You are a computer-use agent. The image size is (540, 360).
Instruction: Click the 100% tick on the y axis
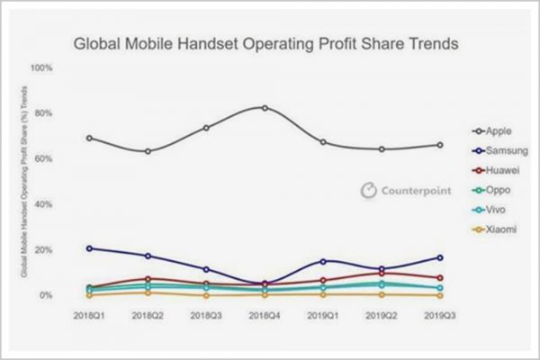click(42, 67)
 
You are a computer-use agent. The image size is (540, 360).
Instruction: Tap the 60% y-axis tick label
click(44, 158)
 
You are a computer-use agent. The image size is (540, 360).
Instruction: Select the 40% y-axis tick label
click(44, 204)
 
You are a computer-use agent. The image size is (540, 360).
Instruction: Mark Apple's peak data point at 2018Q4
click(265, 108)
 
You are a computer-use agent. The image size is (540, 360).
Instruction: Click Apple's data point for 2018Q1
click(90, 138)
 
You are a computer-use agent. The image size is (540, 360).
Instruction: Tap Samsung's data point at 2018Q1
click(90, 248)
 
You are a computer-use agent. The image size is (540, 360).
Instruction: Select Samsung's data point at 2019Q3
click(439, 258)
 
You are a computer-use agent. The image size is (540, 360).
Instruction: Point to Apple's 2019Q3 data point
click(439, 145)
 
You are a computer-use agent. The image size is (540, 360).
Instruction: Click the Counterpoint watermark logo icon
click(367, 190)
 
